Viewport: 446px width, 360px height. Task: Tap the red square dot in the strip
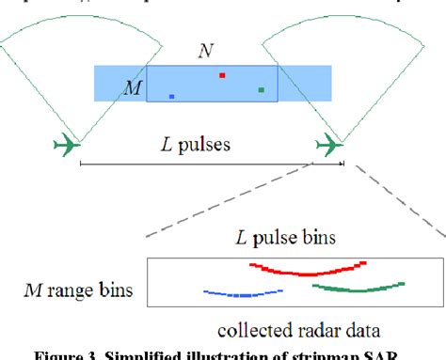(x=222, y=74)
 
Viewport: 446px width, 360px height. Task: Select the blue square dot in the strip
(x=171, y=96)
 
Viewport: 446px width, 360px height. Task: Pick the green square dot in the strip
(x=262, y=90)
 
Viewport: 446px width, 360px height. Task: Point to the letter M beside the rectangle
(x=134, y=87)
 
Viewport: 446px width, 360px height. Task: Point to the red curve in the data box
(x=301, y=271)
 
